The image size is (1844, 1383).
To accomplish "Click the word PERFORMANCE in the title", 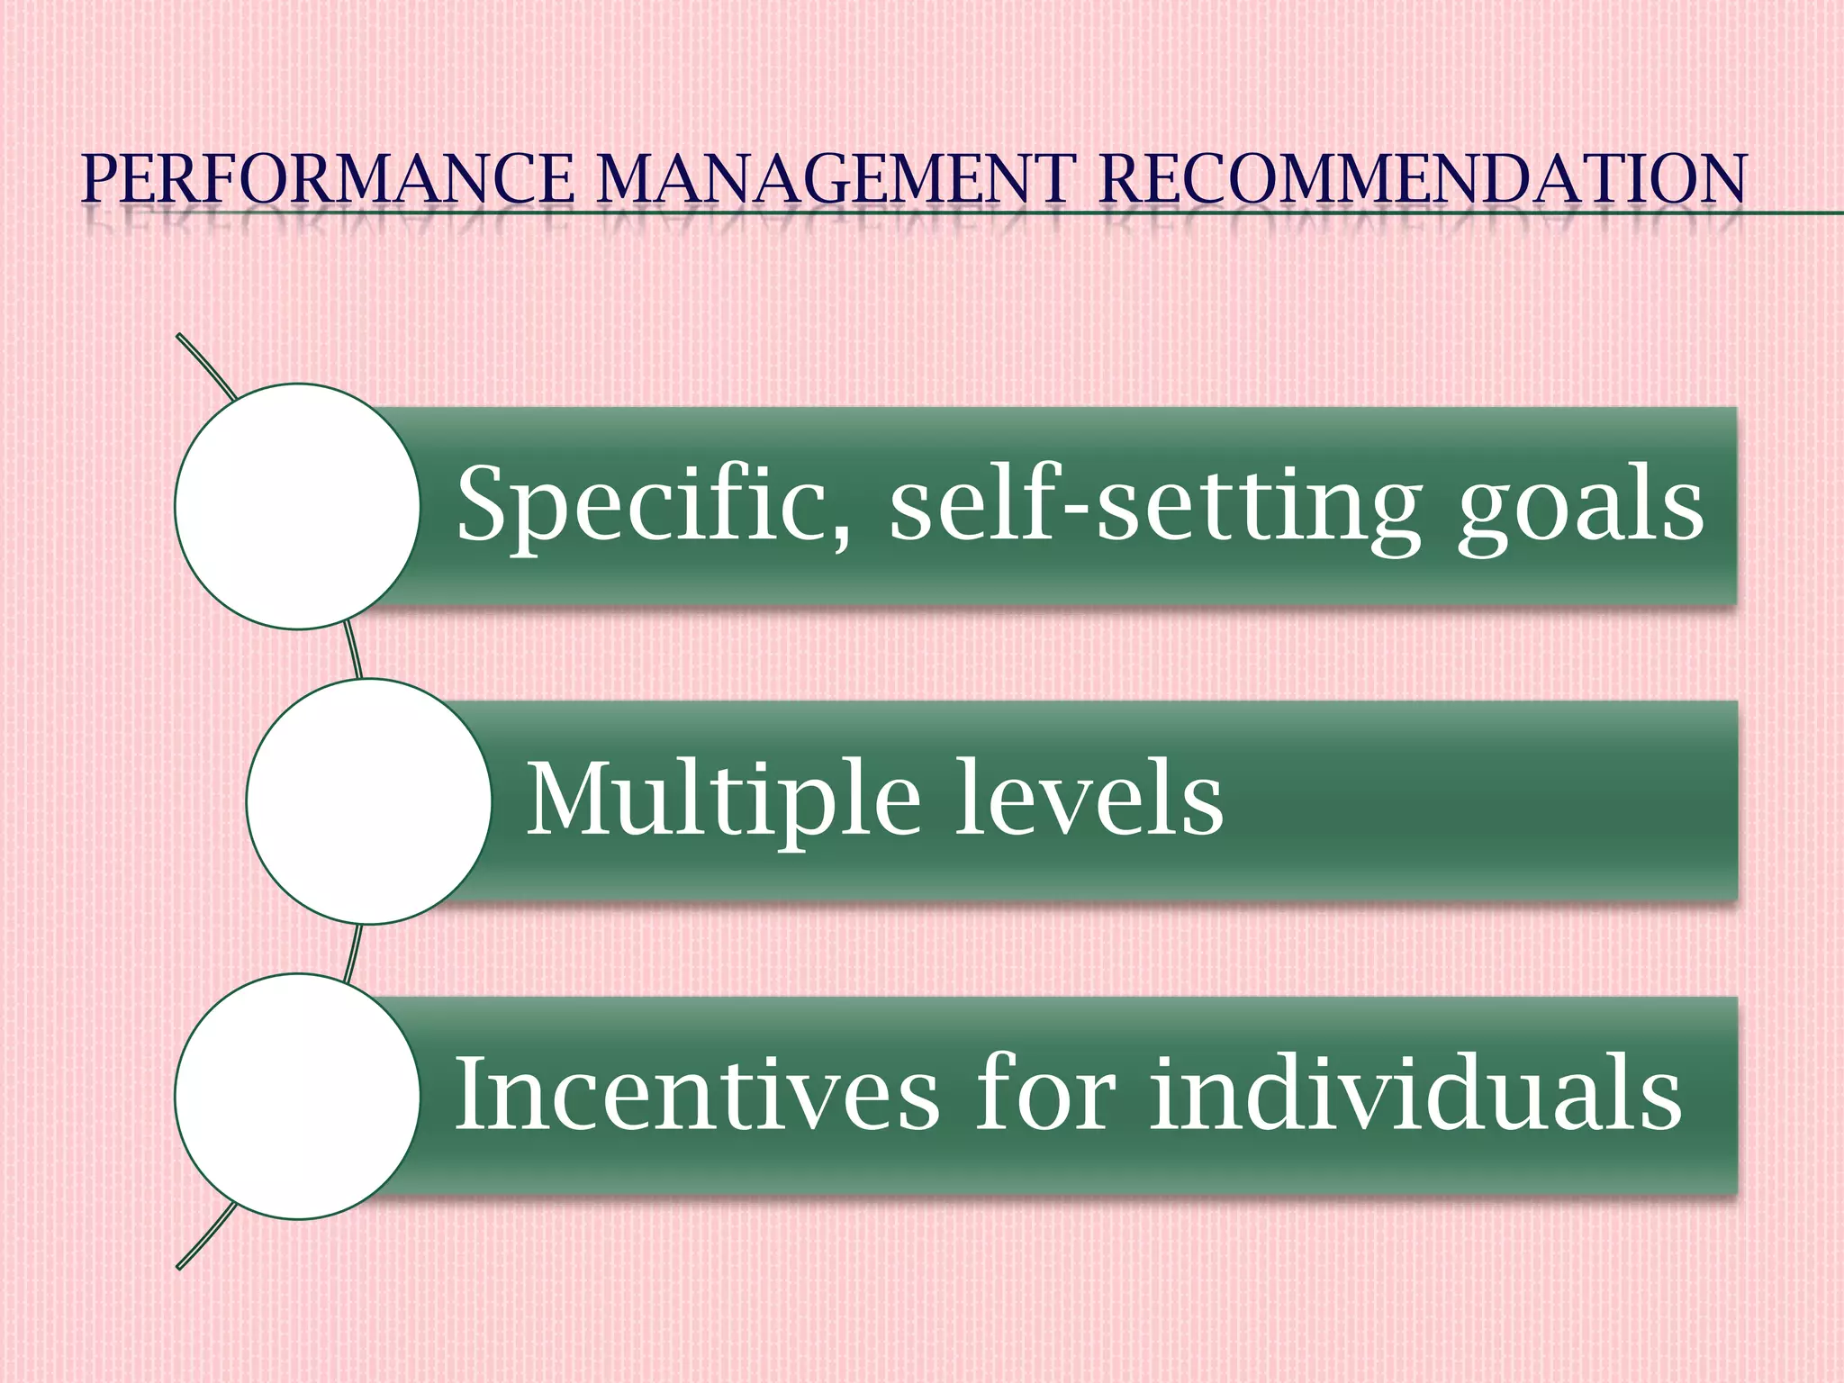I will (328, 179).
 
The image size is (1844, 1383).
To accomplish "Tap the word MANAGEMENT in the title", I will (836, 179).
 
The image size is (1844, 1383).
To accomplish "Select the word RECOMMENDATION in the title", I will (1423, 179).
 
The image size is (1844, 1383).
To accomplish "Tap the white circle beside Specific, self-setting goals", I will (297, 506).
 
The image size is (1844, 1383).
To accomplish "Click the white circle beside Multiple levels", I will (368, 801).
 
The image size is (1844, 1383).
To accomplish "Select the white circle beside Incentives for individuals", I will (297, 1097).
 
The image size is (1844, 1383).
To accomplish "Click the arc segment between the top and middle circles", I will (354, 652).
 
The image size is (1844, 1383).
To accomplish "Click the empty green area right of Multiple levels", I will (1477, 801).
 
